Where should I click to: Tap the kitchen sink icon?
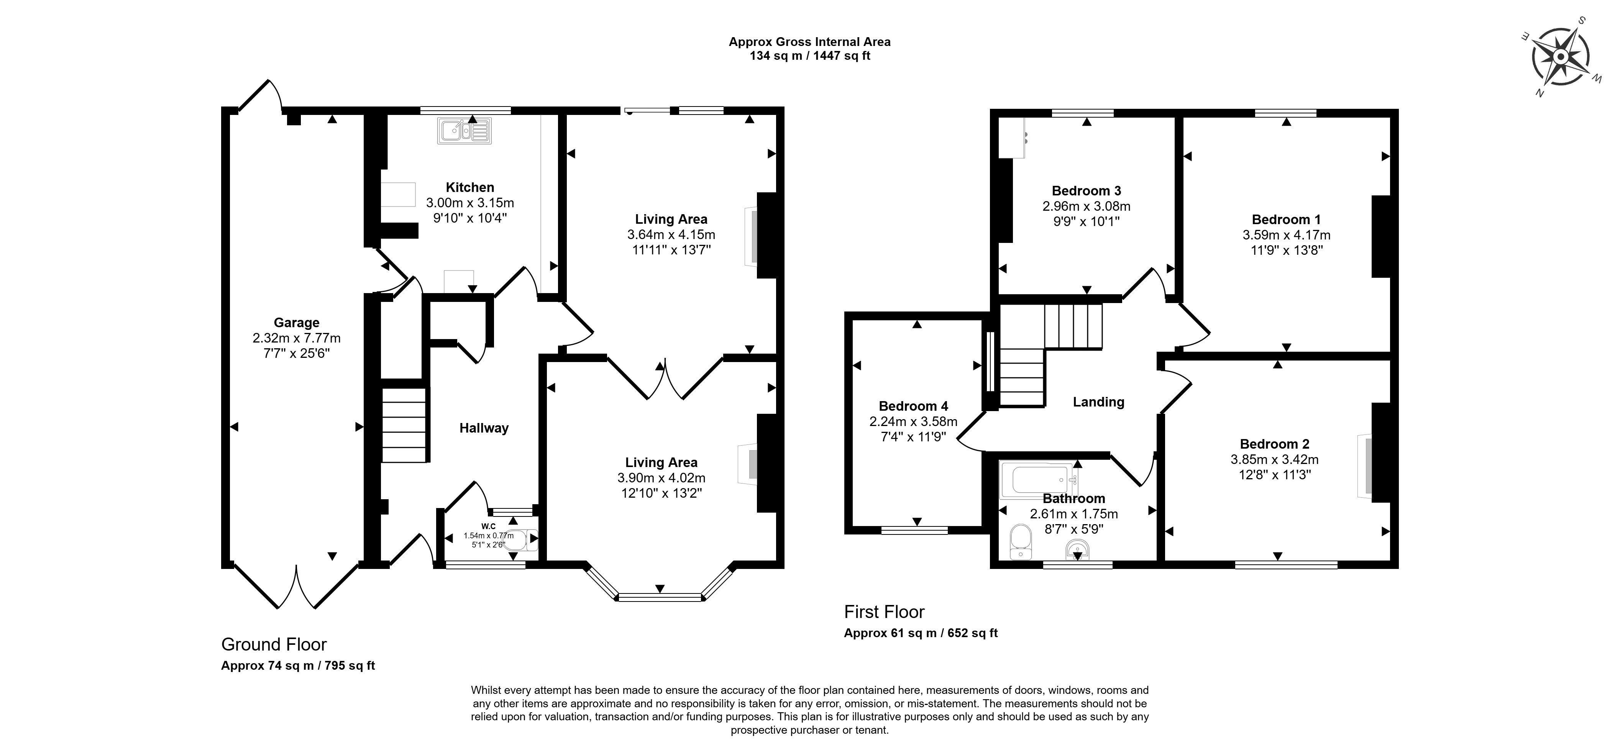tap(465, 131)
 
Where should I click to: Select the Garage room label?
tap(296, 323)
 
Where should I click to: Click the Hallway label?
tap(484, 428)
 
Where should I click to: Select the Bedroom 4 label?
tap(913, 406)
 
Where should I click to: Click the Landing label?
tap(1098, 402)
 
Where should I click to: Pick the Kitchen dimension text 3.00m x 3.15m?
tap(470, 203)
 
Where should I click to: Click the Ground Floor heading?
tap(274, 644)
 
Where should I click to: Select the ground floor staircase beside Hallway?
tap(404, 426)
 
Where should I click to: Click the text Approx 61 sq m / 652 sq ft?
tap(920, 633)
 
